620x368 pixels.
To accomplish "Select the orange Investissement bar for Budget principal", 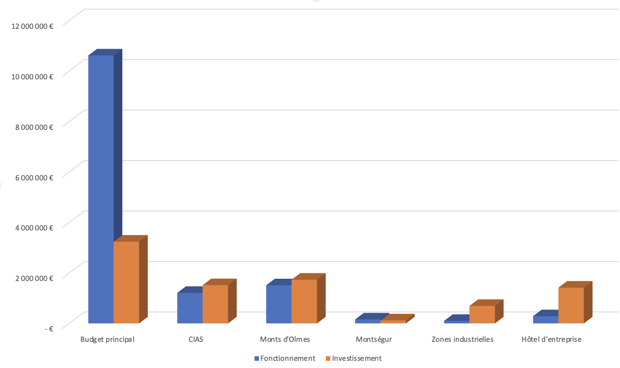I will [x=126, y=282].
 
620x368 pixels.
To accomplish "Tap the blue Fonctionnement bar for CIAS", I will [x=190, y=308].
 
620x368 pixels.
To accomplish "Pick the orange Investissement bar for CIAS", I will [x=215, y=304].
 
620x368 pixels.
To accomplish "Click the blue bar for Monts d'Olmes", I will [x=278, y=304].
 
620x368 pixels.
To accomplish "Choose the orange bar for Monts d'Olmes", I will [x=304, y=301].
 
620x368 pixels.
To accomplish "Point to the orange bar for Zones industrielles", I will [x=482, y=314].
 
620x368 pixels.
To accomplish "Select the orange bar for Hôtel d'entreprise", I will [x=571, y=305].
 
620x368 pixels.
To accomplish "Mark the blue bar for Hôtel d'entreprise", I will [x=546, y=319].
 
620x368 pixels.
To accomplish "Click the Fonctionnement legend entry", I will [x=284, y=359].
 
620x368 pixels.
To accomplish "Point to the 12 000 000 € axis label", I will [x=31, y=26].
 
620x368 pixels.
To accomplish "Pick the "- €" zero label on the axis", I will [x=49, y=329].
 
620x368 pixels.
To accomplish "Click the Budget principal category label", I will [x=107, y=340].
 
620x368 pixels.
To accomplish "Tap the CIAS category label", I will [x=196, y=340].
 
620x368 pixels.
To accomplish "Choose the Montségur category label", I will [x=374, y=340].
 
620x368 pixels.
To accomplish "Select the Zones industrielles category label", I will [x=463, y=340].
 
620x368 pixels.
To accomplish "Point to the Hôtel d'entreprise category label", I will [x=551, y=340].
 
